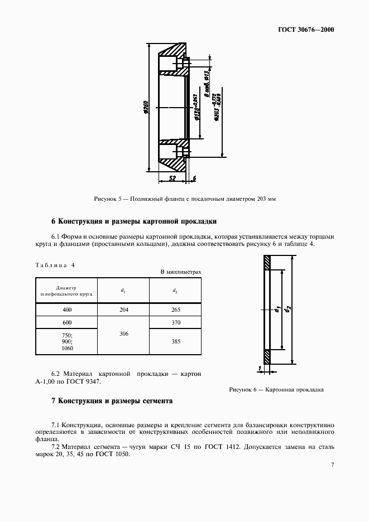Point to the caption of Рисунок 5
(x=184, y=199)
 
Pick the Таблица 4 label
(x=55, y=265)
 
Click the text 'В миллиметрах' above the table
(x=180, y=272)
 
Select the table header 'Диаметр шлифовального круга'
(x=66, y=290)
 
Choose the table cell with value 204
(x=123, y=310)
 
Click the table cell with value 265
(x=175, y=310)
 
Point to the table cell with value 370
(x=175, y=323)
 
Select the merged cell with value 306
(x=123, y=333)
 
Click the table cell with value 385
(x=175, y=341)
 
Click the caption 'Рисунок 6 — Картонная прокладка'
(x=276, y=390)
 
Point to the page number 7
(x=332, y=465)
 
